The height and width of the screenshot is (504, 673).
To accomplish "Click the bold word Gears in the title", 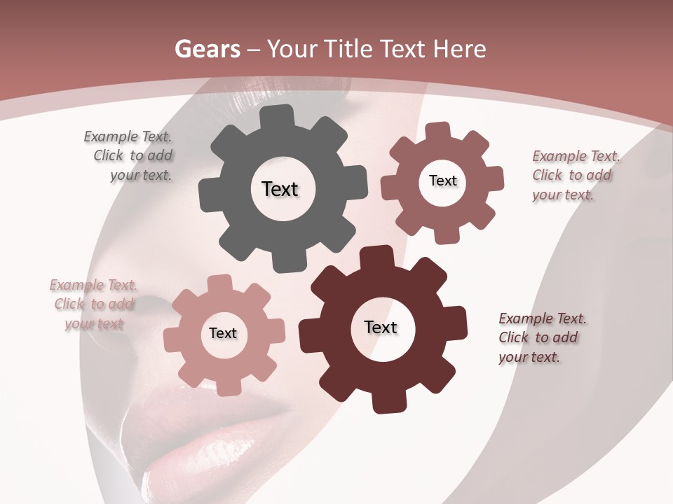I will pyautogui.click(x=206, y=49).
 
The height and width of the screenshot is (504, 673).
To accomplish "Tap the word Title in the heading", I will pyautogui.click(x=347, y=49).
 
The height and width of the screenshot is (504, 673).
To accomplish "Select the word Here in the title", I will pyautogui.click(x=459, y=49).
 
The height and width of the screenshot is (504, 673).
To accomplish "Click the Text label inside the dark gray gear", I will pyautogui.click(x=280, y=189).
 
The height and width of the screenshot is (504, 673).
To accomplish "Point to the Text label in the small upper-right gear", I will pyautogui.click(x=442, y=181).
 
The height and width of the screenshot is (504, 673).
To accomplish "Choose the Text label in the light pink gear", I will pyautogui.click(x=223, y=334).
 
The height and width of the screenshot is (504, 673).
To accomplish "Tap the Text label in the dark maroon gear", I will pyautogui.click(x=381, y=328).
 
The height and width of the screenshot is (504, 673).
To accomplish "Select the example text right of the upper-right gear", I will pyautogui.click(x=575, y=176).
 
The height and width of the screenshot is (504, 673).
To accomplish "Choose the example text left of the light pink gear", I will pyautogui.click(x=94, y=304).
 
